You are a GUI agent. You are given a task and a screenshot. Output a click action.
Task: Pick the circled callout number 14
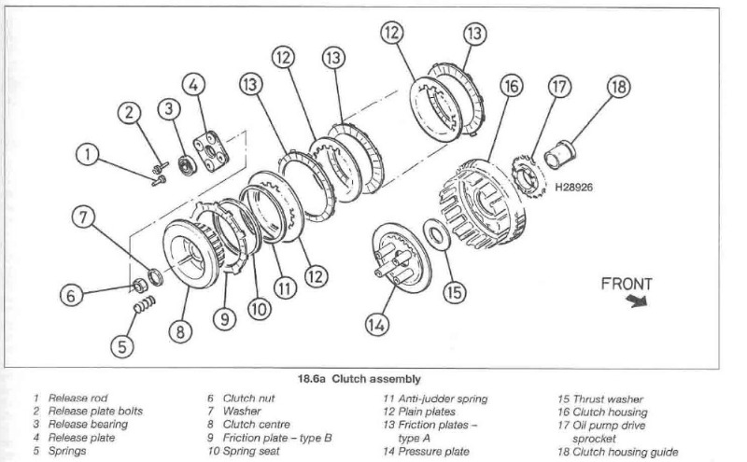375,325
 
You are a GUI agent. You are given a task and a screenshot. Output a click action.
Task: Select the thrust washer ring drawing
436,235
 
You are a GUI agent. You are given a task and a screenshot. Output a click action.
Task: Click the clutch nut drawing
134,283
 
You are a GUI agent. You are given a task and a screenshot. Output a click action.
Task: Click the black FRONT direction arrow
638,301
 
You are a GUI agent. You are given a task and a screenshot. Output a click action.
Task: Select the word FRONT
627,283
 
